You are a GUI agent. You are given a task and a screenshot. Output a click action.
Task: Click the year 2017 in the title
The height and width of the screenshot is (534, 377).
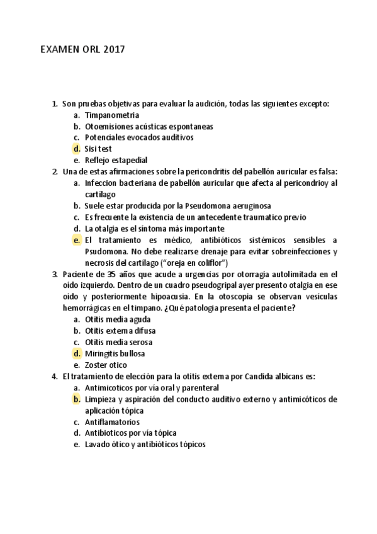tap(113, 51)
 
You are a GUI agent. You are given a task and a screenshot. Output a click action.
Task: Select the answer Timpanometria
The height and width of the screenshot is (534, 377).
tap(108, 115)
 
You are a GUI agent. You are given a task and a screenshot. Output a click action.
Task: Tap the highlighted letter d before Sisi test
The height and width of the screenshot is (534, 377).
tap(76, 149)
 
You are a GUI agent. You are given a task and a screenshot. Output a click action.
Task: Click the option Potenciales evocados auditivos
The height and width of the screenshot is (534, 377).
tap(139, 137)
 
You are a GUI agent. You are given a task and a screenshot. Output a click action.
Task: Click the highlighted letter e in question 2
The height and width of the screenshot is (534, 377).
tap(76, 240)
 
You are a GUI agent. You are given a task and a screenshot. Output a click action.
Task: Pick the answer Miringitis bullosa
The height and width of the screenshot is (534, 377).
tap(115, 353)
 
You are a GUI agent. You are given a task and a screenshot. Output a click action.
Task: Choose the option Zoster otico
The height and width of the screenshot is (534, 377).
tap(106, 365)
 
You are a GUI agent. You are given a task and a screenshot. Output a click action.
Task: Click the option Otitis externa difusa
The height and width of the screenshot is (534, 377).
tap(120, 331)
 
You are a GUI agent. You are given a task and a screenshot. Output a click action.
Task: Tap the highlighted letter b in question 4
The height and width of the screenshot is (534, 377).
tap(76, 399)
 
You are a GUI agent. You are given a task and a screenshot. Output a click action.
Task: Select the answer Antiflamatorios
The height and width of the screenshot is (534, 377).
tap(112, 422)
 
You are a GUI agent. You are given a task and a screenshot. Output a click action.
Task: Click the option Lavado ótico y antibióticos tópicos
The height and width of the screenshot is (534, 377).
tap(145, 445)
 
